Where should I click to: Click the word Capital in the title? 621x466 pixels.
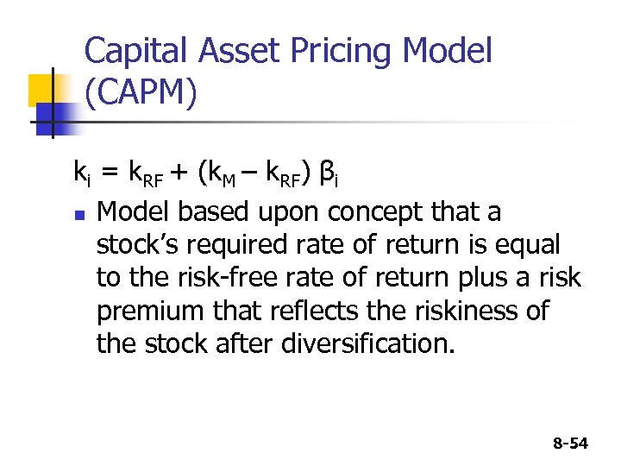point(138,51)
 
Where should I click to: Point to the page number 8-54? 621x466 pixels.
point(568,444)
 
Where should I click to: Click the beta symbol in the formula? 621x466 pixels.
point(328,175)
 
